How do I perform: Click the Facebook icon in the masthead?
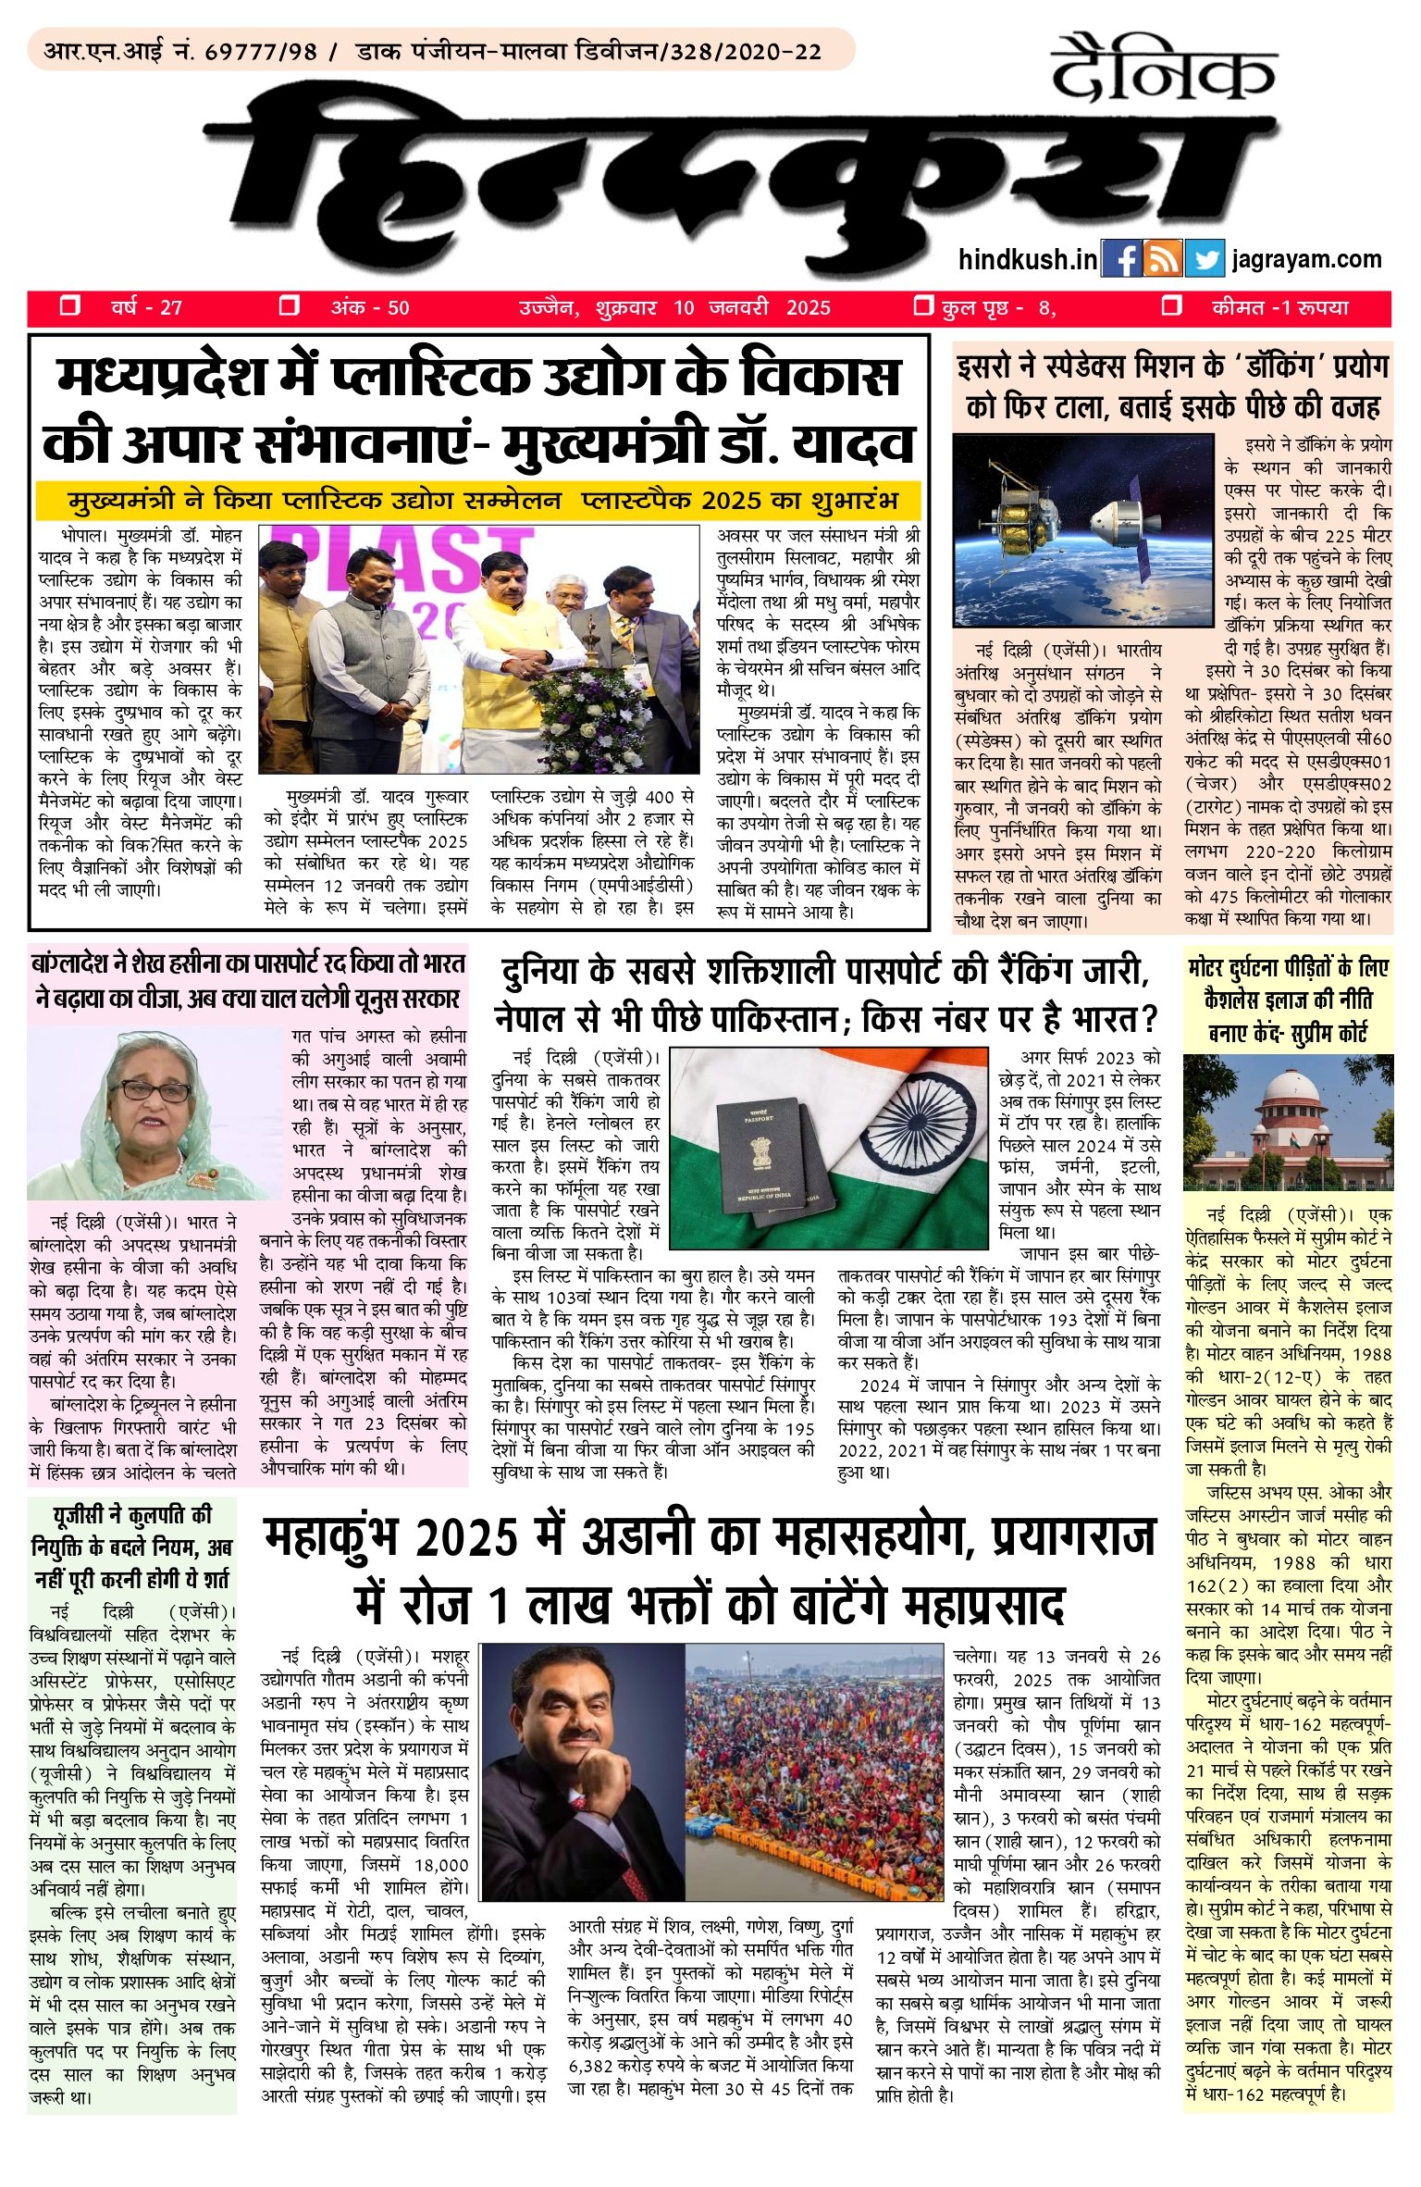1121,259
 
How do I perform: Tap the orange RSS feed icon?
1163,259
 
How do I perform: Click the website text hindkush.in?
1028,260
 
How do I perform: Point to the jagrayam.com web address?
1306,260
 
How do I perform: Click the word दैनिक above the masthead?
1164,68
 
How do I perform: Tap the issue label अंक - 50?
370,308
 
